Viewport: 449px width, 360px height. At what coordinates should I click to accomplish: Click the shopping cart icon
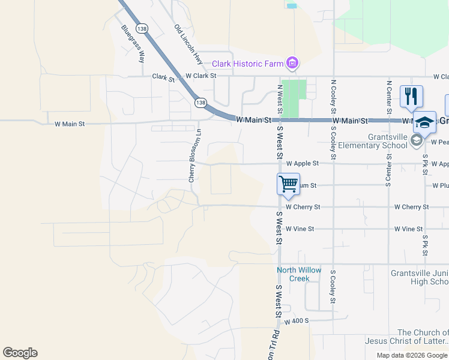tap(288, 183)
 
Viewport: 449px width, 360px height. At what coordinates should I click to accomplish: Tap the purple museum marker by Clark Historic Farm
tap(292, 62)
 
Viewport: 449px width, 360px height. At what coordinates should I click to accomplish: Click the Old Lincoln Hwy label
tap(187, 44)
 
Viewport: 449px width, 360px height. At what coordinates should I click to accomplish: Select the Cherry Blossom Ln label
tap(192, 156)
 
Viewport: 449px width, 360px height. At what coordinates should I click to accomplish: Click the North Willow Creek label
tap(299, 274)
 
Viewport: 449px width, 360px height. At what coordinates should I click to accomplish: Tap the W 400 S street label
tap(297, 322)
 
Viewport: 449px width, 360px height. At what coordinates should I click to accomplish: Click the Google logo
tap(20, 353)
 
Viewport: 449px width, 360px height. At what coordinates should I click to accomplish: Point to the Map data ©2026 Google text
tap(412, 355)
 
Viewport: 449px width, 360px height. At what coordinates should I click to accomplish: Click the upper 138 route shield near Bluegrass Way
tap(142, 28)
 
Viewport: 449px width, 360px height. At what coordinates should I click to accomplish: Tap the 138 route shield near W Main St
tap(200, 103)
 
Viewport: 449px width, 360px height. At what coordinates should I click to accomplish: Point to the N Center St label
tap(389, 96)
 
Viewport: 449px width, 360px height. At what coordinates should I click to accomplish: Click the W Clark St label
tap(200, 76)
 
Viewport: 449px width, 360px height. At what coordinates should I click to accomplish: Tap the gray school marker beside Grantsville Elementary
tap(417, 141)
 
